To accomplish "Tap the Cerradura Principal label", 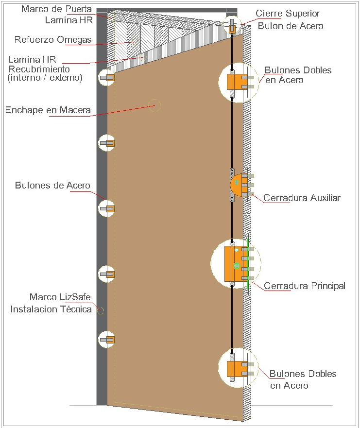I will (305, 286).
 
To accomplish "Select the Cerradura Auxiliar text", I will (302, 198).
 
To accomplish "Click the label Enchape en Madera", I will (48, 110).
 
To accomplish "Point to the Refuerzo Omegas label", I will (53, 39).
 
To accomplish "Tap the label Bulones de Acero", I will (52, 186).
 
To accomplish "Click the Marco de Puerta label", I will (56, 9).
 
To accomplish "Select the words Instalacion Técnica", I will (51, 309).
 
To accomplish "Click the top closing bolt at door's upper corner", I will (233, 27).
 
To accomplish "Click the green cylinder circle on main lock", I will (237, 266).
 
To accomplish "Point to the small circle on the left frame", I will (101, 310).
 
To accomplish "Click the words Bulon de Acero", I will (291, 26).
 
